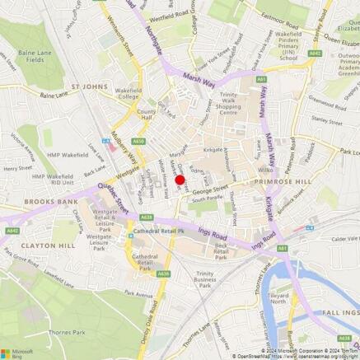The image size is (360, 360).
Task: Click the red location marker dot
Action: coord(180,180)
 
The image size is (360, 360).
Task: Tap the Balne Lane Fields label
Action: coord(32,57)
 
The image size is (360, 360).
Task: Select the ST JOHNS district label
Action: coord(88,84)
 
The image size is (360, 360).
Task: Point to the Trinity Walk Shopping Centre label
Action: coord(240,106)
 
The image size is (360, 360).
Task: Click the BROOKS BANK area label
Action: coord(28,201)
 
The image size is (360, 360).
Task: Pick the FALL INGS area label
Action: coord(339,311)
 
